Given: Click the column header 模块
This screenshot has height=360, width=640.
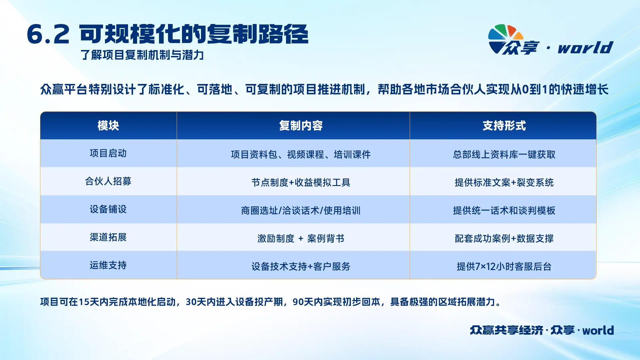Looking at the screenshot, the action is (108, 126).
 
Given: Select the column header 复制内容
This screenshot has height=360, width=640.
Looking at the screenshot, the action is (301, 126).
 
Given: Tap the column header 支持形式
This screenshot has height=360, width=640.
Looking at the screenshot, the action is (504, 126).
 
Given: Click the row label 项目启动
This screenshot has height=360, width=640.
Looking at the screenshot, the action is (108, 153).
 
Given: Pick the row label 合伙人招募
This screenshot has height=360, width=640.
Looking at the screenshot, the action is (108, 181).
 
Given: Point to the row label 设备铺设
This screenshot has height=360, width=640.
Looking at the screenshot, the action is (108, 209).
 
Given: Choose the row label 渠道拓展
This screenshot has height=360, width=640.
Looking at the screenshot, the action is (108, 237).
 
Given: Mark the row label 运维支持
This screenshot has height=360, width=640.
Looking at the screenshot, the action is (108, 265).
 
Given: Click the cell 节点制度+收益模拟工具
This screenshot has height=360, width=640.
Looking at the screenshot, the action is (301, 183).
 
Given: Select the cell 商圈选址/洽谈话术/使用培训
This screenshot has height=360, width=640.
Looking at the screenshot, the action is (301, 211).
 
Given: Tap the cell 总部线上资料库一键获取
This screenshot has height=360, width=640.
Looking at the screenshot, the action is (504, 155).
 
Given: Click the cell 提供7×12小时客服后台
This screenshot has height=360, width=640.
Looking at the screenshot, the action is (504, 267).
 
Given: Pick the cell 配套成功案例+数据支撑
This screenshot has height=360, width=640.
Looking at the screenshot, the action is (504, 239).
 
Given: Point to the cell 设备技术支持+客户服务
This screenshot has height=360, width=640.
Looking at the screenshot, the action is (301, 267).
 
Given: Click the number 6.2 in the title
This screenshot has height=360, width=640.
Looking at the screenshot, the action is (48, 34).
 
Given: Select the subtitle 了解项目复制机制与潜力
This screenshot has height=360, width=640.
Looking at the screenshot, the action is (142, 55).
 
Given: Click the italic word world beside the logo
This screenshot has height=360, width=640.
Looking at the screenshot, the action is (585, 48).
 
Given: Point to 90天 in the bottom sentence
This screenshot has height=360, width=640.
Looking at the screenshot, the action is (303, 302).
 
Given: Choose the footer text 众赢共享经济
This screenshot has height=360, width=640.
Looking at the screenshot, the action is (507, 330).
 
